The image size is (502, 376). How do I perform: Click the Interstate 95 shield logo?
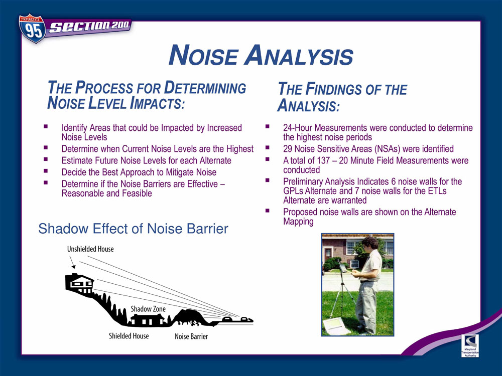32,29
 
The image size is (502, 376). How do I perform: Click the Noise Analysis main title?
261,55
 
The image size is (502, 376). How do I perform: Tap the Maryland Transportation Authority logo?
470,345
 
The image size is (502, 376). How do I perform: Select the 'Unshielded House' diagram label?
90,249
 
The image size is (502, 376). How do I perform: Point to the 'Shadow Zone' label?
148,309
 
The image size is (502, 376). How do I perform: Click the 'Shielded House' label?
129,336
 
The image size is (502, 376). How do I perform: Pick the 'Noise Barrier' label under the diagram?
191,336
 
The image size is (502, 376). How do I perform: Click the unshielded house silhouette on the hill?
79,283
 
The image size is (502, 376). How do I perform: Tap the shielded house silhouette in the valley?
148,320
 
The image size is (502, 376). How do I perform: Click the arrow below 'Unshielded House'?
72,262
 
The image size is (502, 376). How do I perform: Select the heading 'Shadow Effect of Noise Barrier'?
133,229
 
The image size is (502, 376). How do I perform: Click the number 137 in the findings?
323,160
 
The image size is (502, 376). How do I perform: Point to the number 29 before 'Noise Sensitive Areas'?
288,149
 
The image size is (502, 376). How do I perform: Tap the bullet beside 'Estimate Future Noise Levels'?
46,159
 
